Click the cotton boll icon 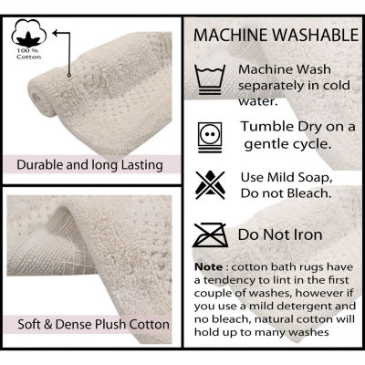(29, 33)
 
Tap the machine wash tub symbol (210, 79)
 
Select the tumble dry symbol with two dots (210, 137)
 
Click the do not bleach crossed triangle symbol (210, 185)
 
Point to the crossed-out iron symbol (210, 235)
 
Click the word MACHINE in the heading (231, 36)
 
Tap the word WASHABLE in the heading (316, 36)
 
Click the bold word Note (209, 267)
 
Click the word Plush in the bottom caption (110, 324)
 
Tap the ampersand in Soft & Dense (48, 324)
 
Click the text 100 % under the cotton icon (28, 50)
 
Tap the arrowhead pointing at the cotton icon (56, 33)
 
